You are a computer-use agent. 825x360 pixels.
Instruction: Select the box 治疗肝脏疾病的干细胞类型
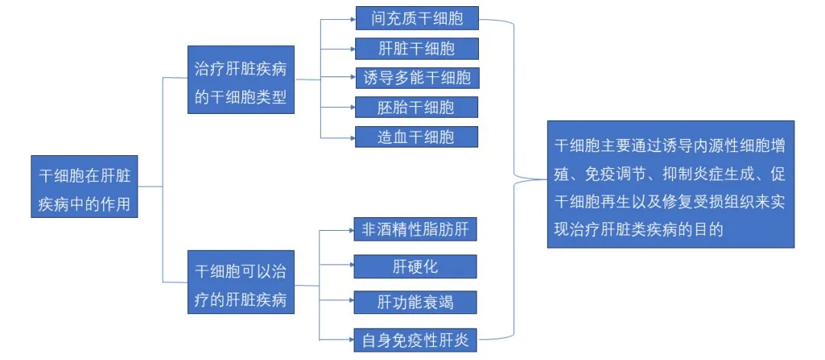(241, 79)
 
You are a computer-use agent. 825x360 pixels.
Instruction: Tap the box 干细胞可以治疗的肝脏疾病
(241, 285)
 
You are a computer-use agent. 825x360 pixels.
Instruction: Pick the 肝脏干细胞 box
(416, 49)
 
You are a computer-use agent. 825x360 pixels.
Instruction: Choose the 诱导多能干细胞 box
(416, 78)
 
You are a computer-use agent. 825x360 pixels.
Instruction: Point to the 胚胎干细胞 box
(416, 108)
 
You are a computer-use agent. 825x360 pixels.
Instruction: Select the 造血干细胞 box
(416, 138)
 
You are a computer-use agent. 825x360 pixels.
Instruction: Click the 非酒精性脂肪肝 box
(416, 229)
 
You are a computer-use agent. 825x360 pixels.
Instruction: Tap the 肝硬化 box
(416, 266)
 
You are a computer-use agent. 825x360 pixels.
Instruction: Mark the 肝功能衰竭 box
(416, 301)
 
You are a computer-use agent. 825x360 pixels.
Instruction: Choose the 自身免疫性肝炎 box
(416, 337)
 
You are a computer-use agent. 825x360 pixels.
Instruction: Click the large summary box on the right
(670, 184)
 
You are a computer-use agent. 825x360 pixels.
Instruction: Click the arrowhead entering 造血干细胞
(352, 138)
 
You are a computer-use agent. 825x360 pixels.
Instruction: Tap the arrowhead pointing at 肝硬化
(352, 266)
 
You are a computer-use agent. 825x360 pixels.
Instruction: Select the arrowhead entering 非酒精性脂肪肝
(352, 229)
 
